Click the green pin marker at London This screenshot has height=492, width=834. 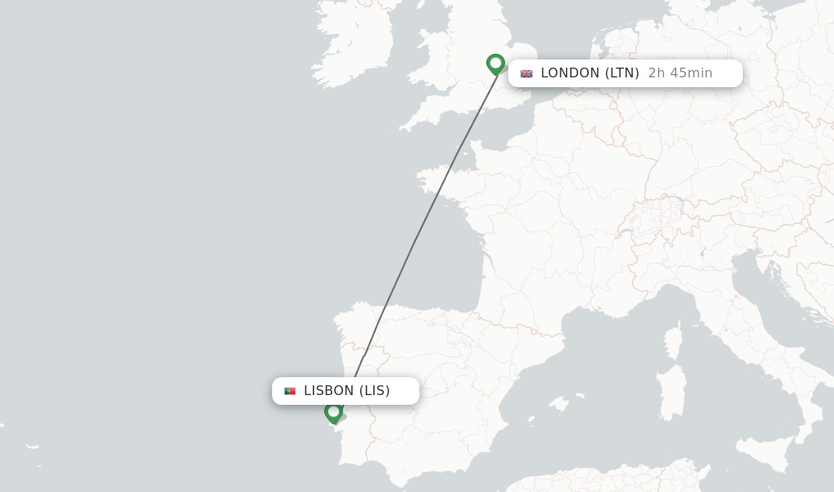495,64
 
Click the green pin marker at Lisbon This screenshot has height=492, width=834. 333,411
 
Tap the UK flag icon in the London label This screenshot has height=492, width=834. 526,73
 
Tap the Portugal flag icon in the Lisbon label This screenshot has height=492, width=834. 290,391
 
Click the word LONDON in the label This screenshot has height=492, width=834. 570,73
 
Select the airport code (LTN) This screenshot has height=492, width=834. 622,73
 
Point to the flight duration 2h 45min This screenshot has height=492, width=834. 680,73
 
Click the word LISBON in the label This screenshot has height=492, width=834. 328,391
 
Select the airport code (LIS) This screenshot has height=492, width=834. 375,391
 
